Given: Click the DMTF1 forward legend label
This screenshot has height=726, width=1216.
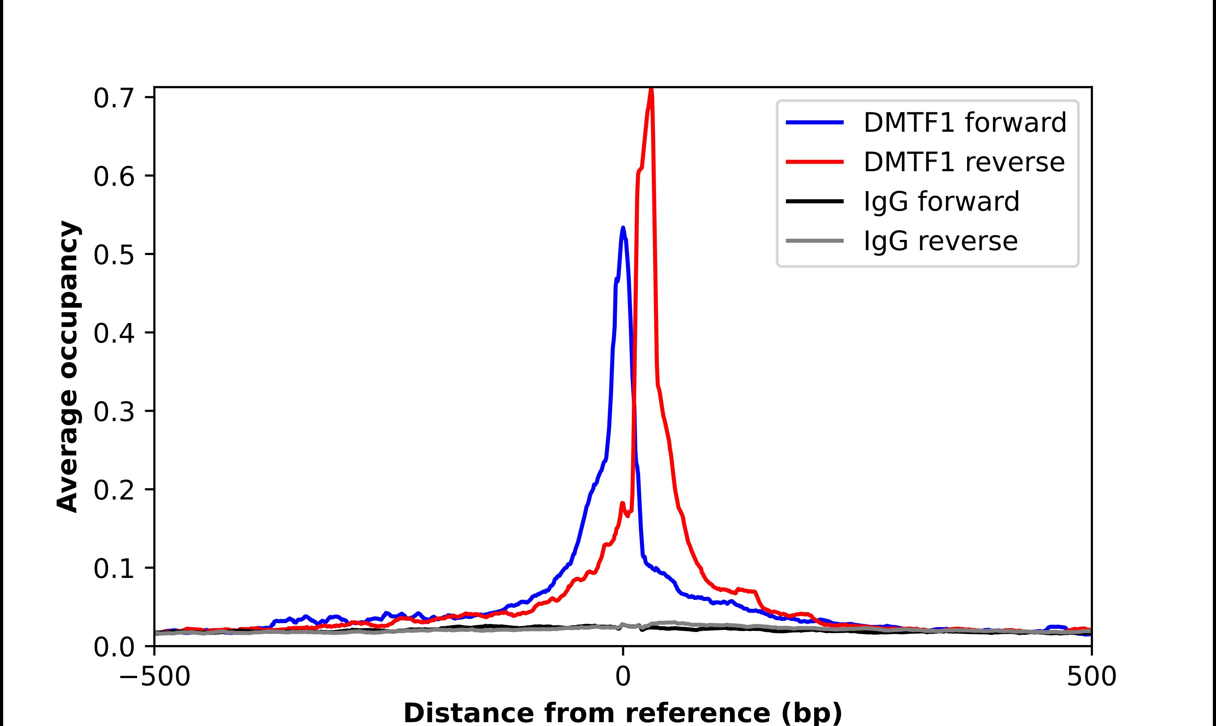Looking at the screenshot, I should tap(965, 122).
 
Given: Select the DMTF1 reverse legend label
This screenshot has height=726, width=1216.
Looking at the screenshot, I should tap(964, 162).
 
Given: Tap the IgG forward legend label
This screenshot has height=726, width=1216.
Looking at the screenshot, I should tap(941, 202).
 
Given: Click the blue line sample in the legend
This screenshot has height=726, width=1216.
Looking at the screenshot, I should tap(815, 122).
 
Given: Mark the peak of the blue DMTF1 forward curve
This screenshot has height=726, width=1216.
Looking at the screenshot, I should tap(623, 228).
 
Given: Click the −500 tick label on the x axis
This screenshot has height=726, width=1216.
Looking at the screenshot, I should tap(155, 678).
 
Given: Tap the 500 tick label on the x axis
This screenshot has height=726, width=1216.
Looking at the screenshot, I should tap(1091, 678).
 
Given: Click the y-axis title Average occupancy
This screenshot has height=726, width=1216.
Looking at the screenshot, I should tap(67, 367).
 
